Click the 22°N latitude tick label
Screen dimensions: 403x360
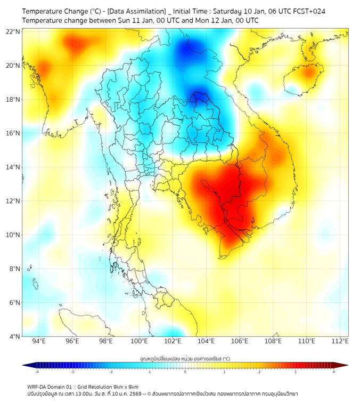pyautogui.click(x=13, y=32)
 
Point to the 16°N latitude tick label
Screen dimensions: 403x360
pyautogui.click(x=13, y=133)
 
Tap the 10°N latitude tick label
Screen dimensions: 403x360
pyautogui.click(x=13, y=235)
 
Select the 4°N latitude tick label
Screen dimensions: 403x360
pyautogui.click(x=14, y=336)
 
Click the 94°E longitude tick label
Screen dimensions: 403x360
pyautogui.click(x=39, y=342)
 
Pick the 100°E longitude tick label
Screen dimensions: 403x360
pyautogui.click(x=139, y=342)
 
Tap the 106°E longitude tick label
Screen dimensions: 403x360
pyautogui.click(x=240, y=342)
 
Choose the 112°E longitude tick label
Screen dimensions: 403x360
pyautogui.click(x=340, y=342)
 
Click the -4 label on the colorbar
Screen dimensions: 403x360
pyautogui.click(x=37, y=372)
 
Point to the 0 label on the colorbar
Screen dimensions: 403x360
pyautogui.click(x=185, y=372)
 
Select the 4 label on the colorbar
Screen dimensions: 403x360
pyautogui.click(x=334, y=372)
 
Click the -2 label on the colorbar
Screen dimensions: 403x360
pyautogui.click(x=111, y=372)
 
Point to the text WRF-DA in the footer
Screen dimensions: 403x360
pyautogui.click(x=38, y=386)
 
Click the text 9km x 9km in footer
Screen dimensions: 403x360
pyautogui.click(x=126, y=386)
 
